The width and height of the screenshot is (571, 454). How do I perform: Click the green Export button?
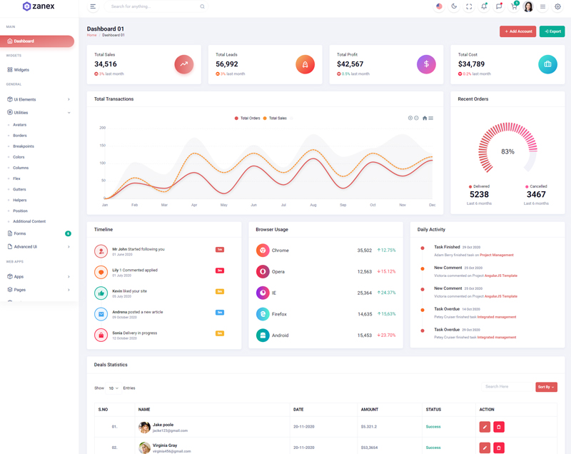point(552,31)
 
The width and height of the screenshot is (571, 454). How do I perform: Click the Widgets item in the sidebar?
point(21,70)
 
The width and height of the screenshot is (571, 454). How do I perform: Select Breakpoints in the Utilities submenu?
point(24,146)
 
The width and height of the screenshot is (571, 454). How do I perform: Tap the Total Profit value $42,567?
point(350,64)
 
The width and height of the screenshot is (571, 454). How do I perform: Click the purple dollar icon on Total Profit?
point(426,64)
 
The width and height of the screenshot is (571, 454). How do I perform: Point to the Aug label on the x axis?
point(313,205)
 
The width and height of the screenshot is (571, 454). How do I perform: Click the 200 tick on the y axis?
point(103,128)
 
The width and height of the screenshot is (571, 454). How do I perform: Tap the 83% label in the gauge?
point(507,151)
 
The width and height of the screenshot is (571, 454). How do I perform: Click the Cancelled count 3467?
point(536,195)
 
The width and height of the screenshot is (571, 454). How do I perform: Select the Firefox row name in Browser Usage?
point(280,314)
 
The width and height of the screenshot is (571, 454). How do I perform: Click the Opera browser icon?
point(263,271)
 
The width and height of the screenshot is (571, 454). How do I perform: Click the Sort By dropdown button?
point(546,387)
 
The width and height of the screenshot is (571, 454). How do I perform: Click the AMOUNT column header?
point(370,410)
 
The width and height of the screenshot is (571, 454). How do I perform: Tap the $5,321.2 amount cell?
point(369,427)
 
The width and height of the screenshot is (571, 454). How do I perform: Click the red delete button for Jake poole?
point(499,427)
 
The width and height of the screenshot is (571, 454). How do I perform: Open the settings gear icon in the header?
point(558,6)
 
